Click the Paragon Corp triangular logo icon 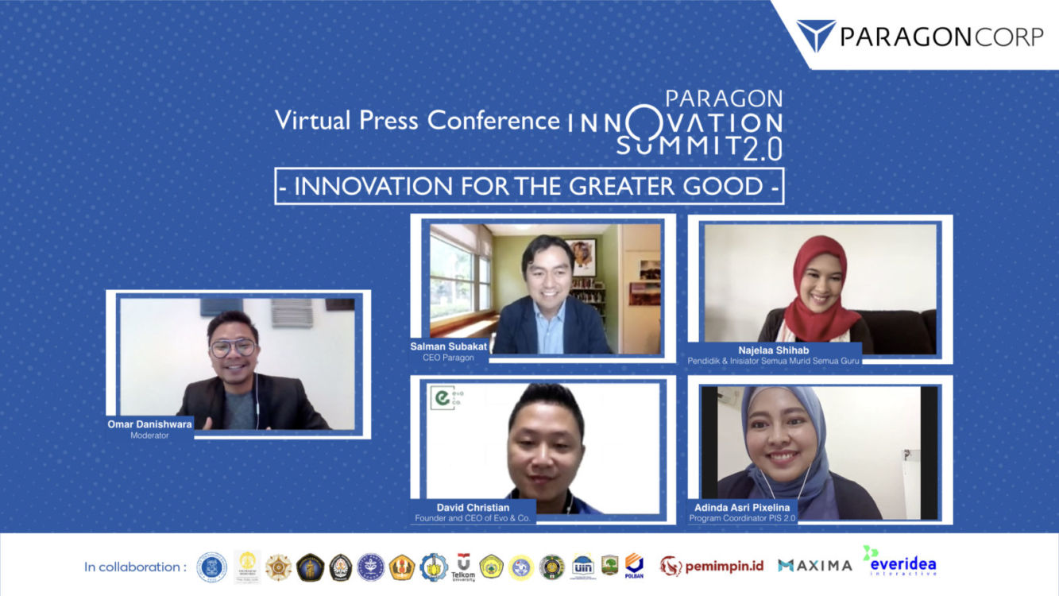(816, 34)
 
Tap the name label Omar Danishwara (149, 424)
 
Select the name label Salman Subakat (448, 346)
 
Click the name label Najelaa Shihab (774, 349)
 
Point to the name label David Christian (473, 507)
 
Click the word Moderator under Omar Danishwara (149, 435)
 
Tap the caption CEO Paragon (448, 358)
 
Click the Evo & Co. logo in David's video (446, 398)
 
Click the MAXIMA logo (814, 566)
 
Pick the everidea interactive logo (901, 561)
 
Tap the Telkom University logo (463, 566)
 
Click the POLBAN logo (634, 565)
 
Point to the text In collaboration (135, 567)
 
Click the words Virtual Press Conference (417, 120)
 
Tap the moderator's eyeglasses (234, 347)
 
